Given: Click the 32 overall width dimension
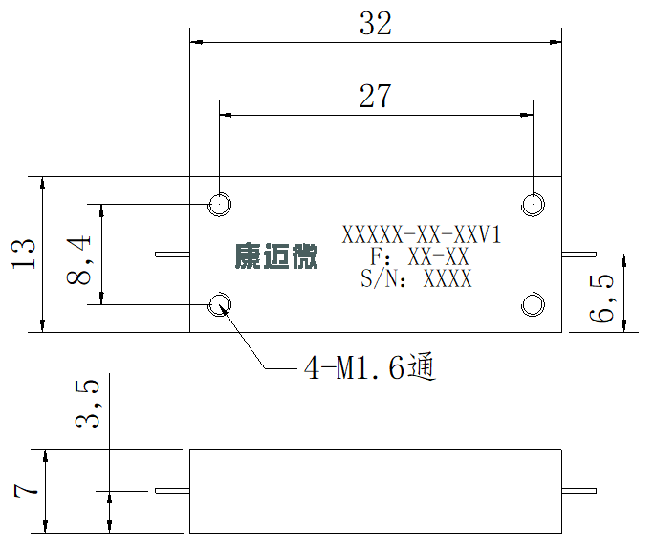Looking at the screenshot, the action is click(x=376, y=23).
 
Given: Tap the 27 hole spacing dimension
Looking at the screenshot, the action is click(x=375, y=96).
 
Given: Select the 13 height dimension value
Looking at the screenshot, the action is click(x=23, y=254).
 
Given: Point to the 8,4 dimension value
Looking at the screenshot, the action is click(x=78, y=259).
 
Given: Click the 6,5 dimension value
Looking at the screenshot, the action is click(x=601, y=298).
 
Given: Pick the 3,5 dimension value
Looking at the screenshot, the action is click(x=87, y=404).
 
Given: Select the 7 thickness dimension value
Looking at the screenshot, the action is click(x=26, y=490).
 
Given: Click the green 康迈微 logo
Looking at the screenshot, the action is click(x=276, y=255).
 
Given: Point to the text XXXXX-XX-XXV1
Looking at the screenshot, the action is click(x=422, y=234).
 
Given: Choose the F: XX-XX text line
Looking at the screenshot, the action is click(x=420, y=256).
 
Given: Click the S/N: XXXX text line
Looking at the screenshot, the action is click(x=417, y=278).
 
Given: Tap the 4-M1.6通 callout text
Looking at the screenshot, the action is click(x=370, y=366).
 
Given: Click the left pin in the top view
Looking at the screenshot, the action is click(x=172, y=254).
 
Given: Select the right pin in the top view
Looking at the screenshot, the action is click(x=579, y=254).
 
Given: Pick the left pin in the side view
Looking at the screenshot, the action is click(x=172, y=491).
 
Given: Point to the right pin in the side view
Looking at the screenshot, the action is click(x=579, y=491).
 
